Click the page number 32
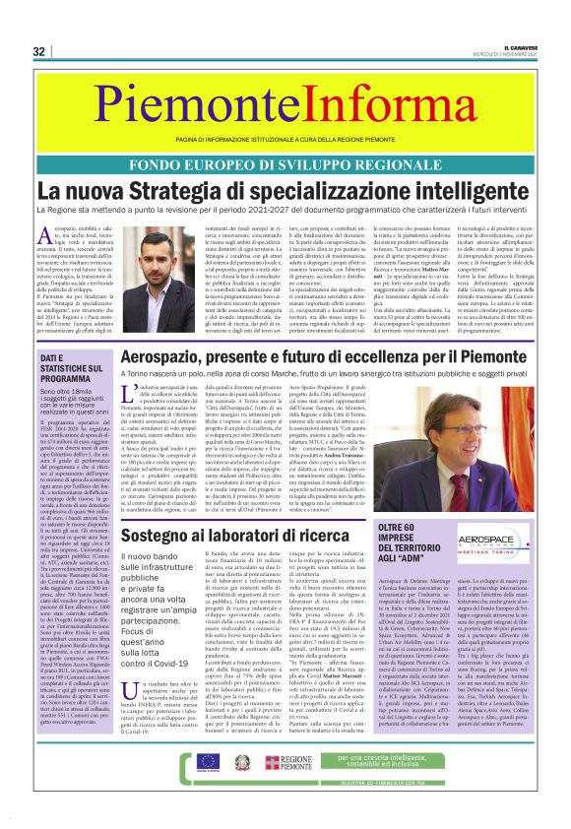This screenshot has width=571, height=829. tap(38, 51)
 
